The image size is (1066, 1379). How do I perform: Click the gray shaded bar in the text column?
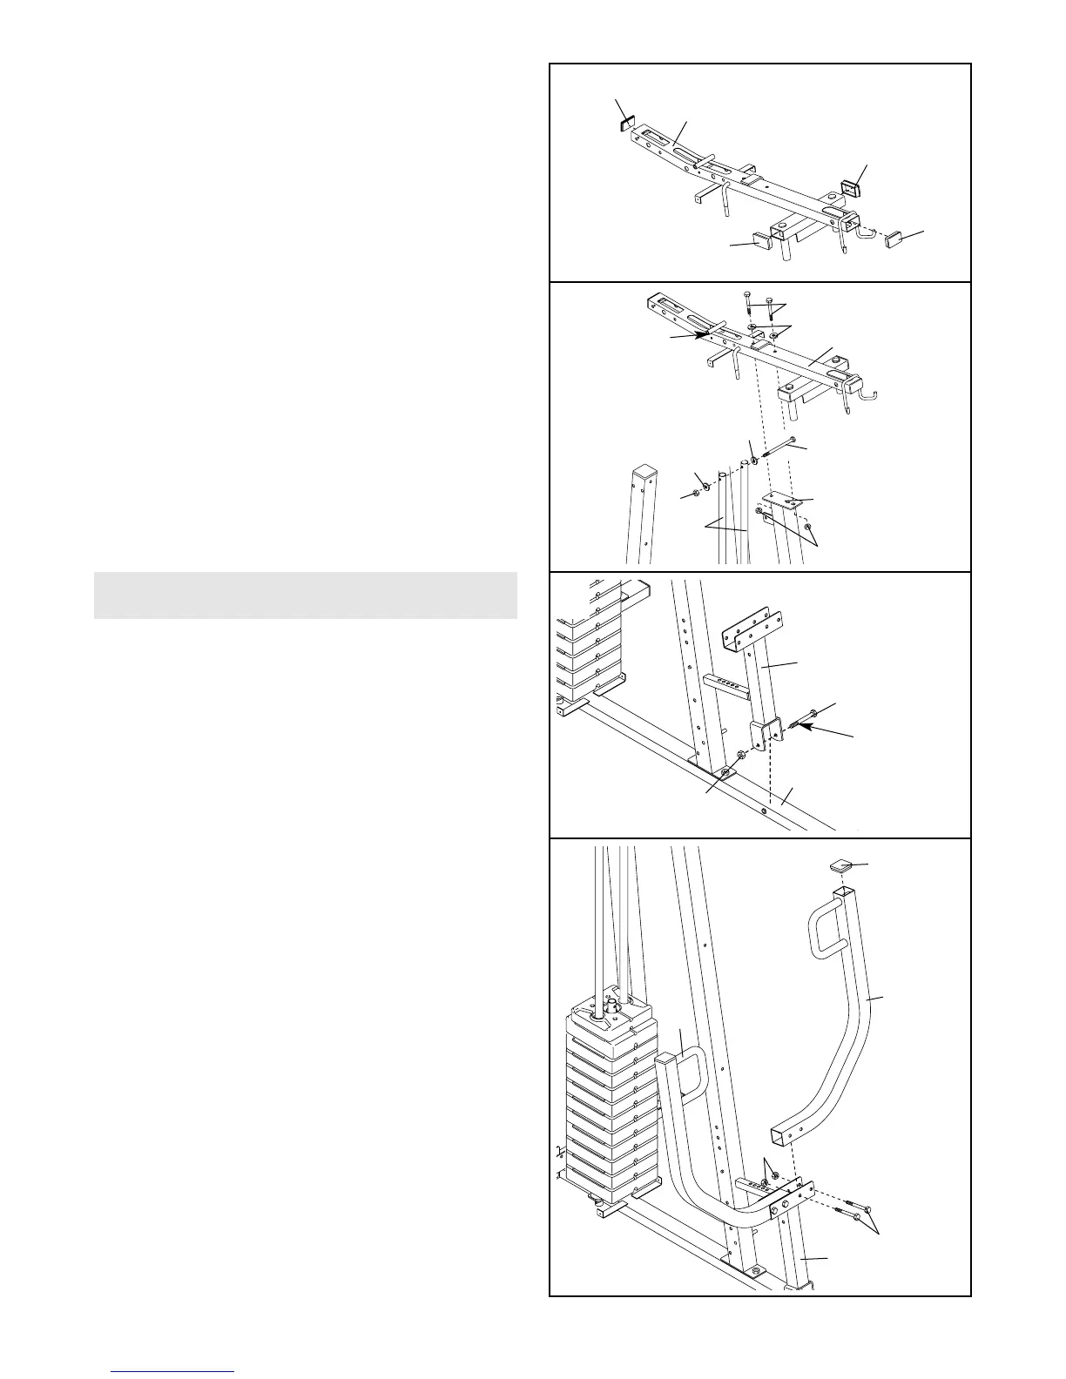tap(305, 595)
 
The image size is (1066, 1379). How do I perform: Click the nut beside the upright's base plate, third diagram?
tap(739, 755)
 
